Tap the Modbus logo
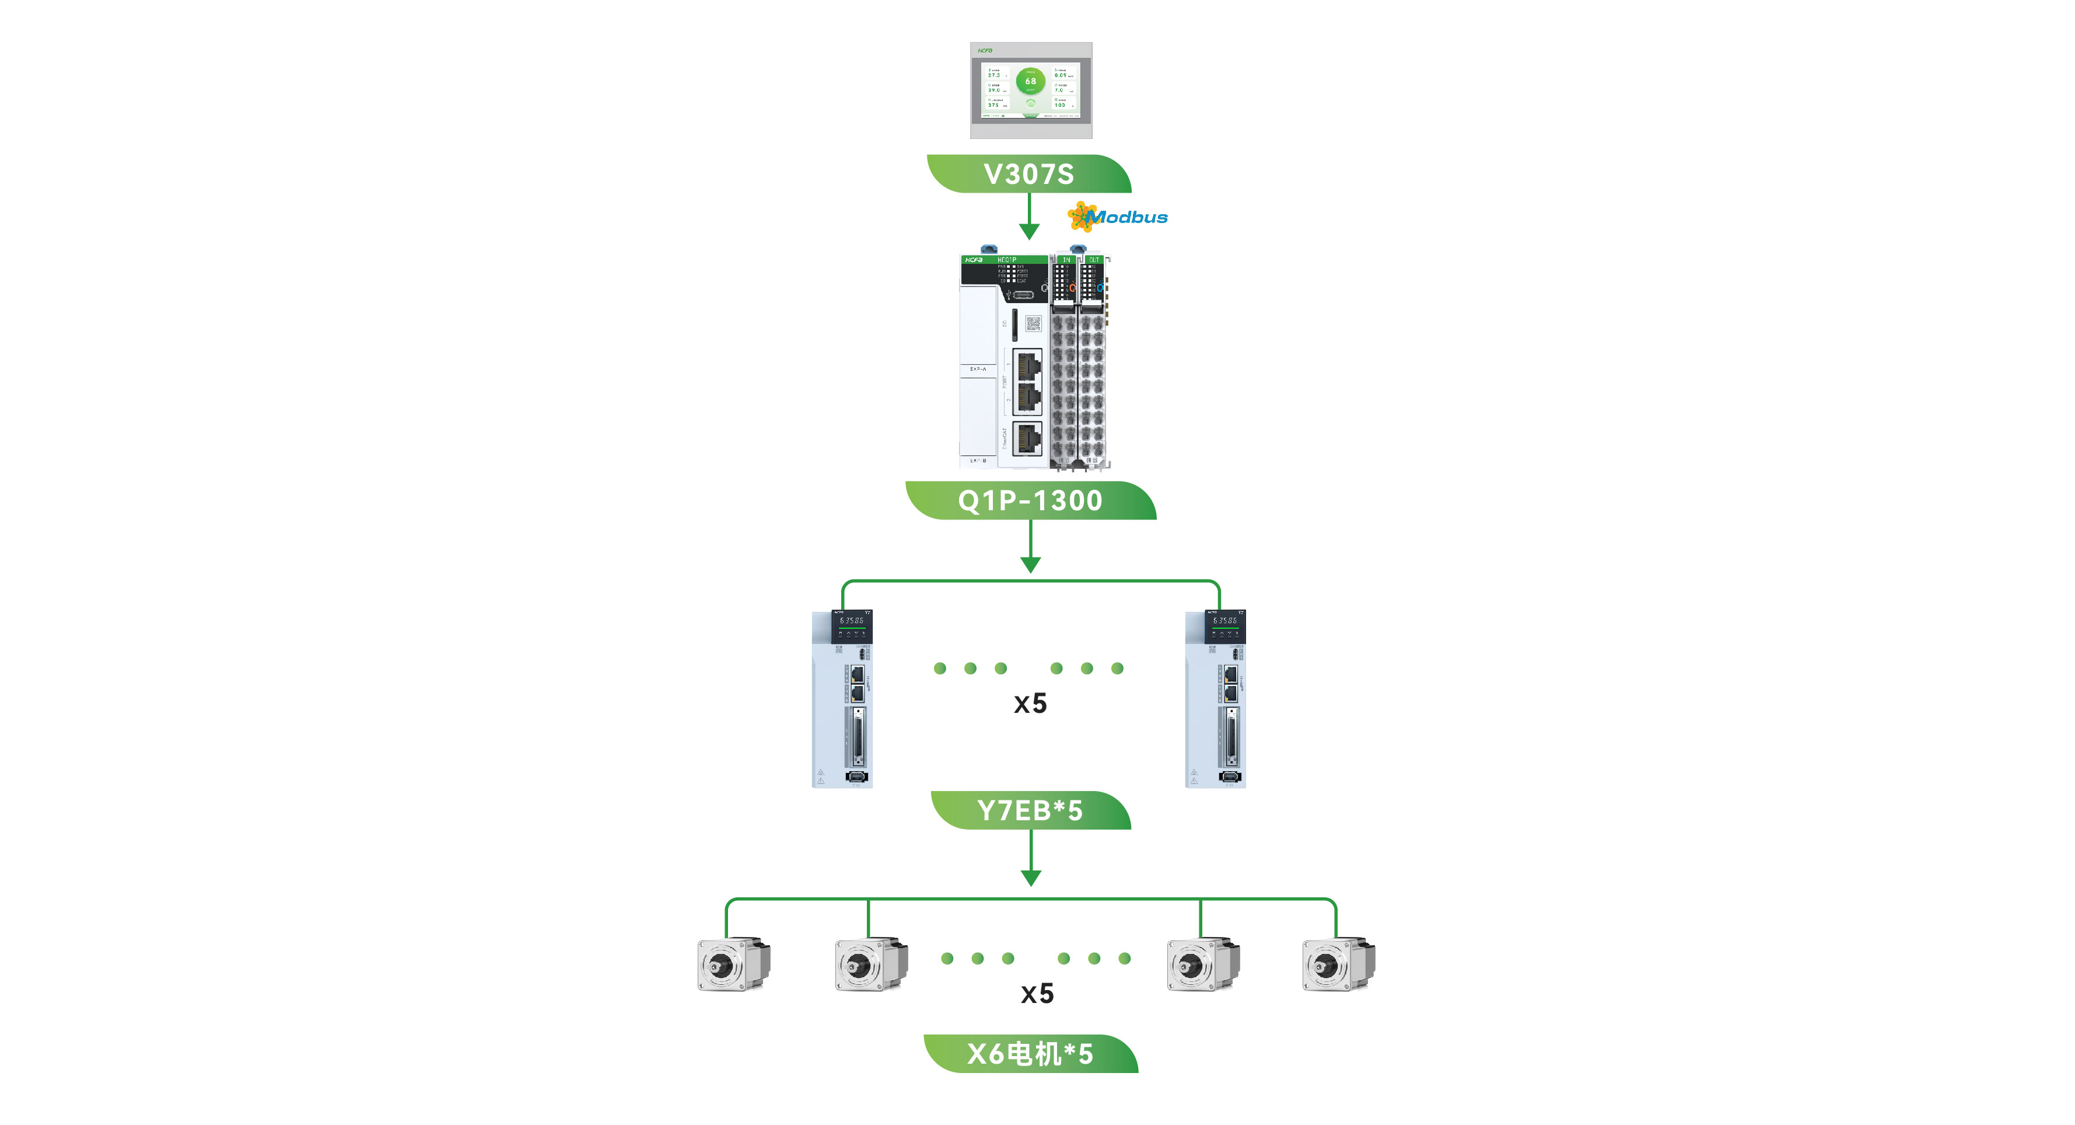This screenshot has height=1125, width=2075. [x=1118, y=217]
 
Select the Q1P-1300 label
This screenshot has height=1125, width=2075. [x=1030, y=500]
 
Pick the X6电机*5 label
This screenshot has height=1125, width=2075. [x=1030, y=1053]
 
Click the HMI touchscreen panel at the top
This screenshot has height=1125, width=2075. [x=1030, y=90]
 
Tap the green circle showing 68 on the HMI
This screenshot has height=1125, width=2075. [x=1030, y=81]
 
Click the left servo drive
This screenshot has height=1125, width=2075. [x=842, y=699]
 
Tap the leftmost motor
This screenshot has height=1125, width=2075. [x=733, y=964]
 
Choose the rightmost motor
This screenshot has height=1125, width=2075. [x=1338, y=964]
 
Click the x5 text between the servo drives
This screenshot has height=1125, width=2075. [x=1030, y=703]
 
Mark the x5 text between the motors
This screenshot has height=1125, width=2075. [x=1037, y=994]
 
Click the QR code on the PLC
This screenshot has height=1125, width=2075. [x=1033, y=324]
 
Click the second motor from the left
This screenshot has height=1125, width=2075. [x=871, y=964]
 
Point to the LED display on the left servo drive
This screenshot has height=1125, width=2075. [x=852, y=621]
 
